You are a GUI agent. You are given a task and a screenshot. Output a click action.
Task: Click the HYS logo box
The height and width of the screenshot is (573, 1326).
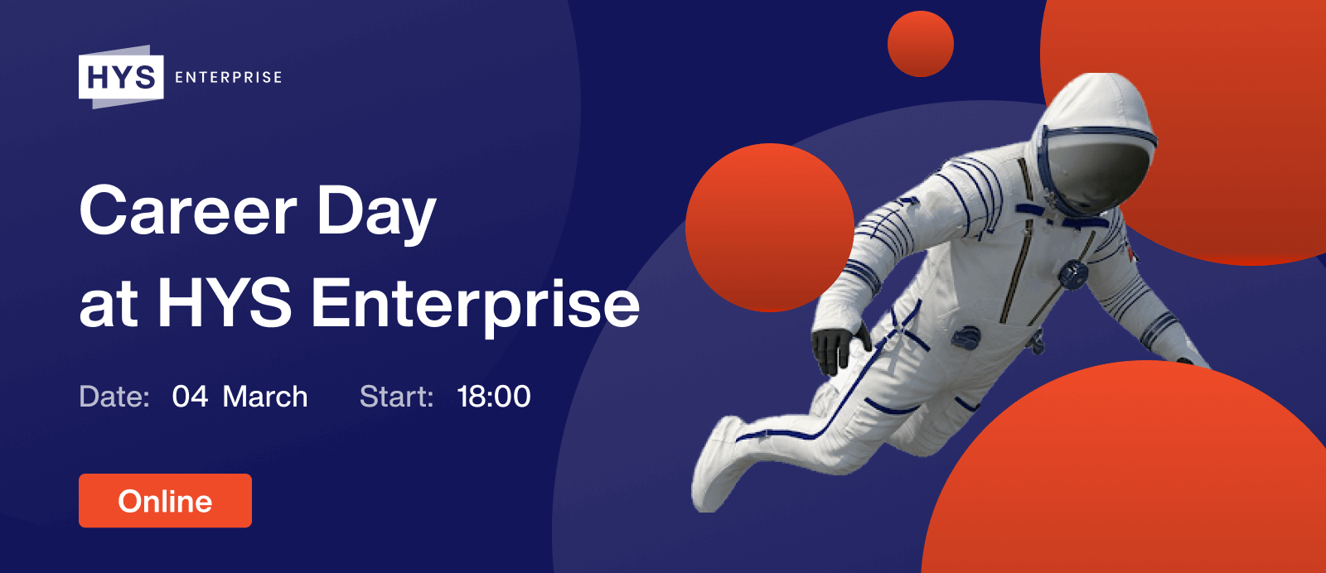[x=121, y=77]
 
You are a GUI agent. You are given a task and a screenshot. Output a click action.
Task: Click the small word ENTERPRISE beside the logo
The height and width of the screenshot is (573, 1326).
[x=229, y=78]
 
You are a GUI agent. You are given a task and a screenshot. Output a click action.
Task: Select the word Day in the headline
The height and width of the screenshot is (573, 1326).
[x=376, y=214]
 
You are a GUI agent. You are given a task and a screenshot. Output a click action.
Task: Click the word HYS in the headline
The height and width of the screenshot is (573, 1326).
[x=225, y=303]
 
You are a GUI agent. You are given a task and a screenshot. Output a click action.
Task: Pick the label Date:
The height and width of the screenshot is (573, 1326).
[x=114, y=396]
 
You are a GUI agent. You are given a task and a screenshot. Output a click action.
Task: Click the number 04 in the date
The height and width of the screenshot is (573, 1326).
[x=190, y=396]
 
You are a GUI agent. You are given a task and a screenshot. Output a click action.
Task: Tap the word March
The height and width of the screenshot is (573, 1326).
[x=265, y=396]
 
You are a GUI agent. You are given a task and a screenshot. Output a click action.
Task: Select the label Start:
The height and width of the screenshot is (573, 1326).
[x=397, y=396]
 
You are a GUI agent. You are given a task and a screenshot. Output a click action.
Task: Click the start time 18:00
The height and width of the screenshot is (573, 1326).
[x=494, y=396]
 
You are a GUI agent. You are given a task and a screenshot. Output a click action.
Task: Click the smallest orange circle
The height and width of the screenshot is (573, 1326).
[x=921, y=44]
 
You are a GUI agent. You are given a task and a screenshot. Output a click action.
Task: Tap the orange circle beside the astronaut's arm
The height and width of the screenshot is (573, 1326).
[x=770, y=228]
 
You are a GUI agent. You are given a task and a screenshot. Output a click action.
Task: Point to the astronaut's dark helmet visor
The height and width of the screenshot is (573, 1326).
[x=1095, y=175]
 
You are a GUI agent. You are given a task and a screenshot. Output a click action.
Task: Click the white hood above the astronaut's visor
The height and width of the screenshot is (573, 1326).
[x=1095, y=107]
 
